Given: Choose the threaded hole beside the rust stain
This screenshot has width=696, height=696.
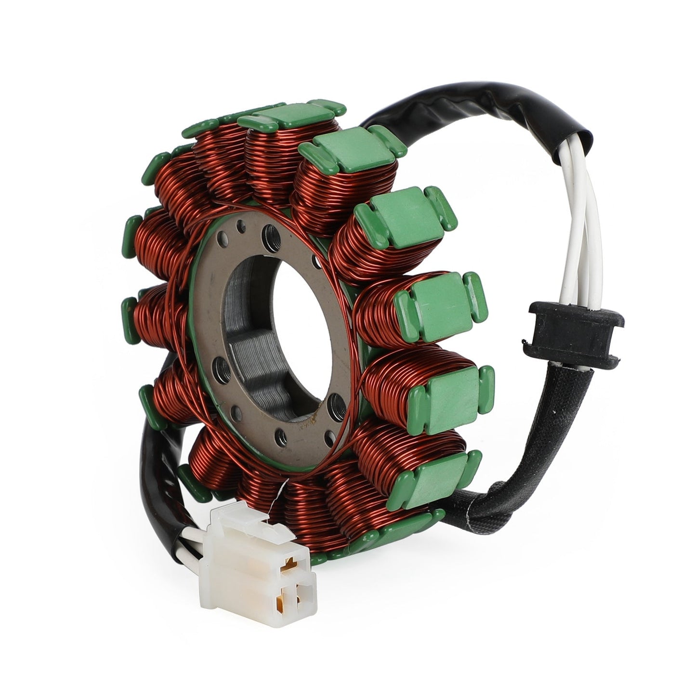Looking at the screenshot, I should point(336,399).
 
